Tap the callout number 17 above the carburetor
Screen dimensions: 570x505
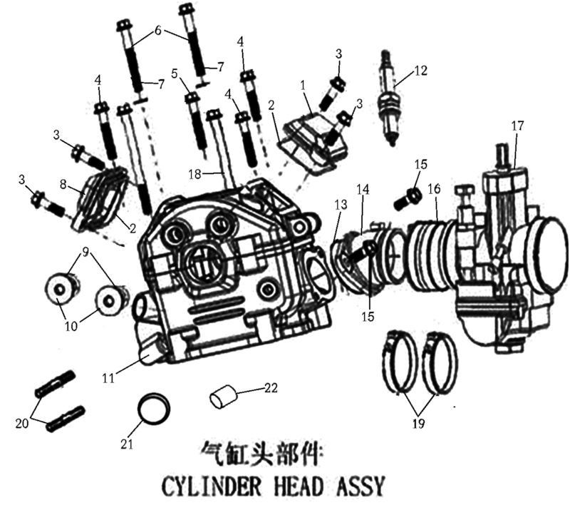tap(517, 126)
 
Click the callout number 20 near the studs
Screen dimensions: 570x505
tap(22, 424)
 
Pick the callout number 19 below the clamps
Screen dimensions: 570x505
tap(418, 423)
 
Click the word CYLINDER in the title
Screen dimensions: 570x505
tap(211, 486)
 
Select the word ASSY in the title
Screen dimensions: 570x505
tap(358, 486)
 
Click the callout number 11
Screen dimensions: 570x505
tap(108, 378)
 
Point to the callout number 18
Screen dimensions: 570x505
tap(195, 174)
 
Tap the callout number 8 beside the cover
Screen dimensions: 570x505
tap(63, 185)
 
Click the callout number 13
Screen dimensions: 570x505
tap(341, 205)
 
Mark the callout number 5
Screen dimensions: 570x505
tap(175, 74)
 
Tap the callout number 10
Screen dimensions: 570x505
tap(71, 326)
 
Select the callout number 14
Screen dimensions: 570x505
tap(363, 189)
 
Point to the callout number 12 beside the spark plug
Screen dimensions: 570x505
tap(420, 70)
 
